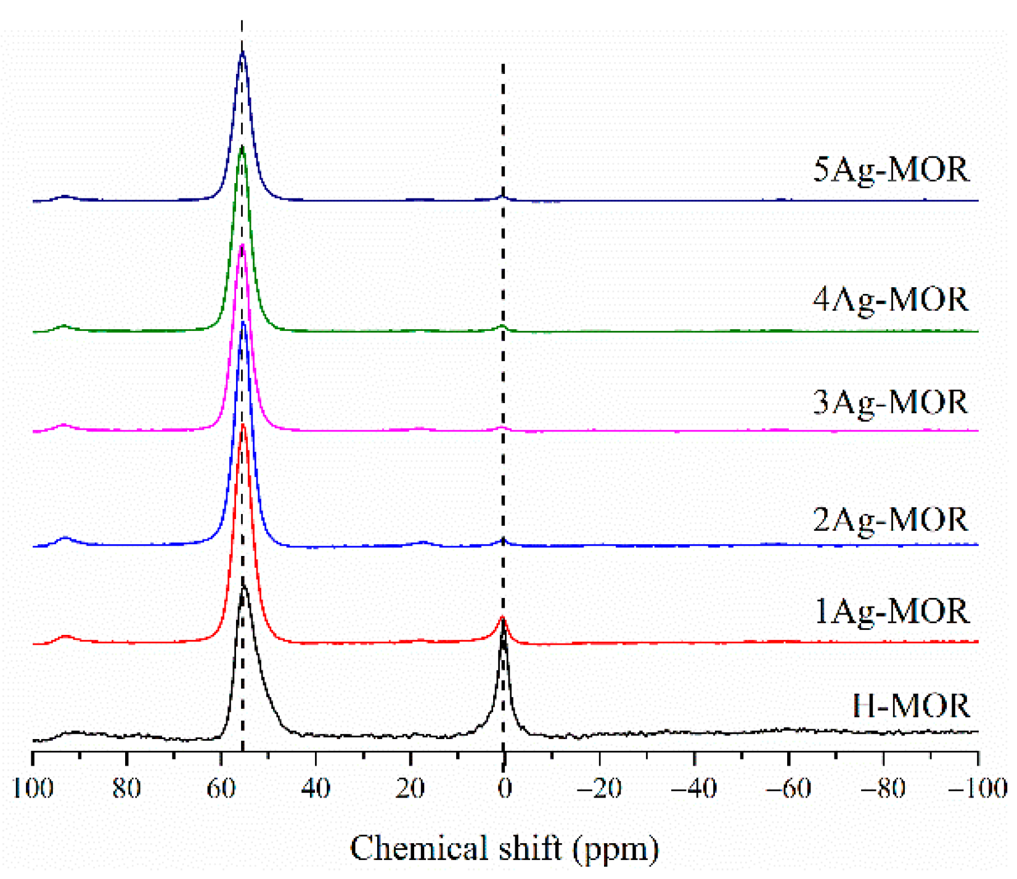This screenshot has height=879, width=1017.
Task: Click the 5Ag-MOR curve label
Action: (x=891, y=170)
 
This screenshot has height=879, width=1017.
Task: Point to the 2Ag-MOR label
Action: (x=891, y=520)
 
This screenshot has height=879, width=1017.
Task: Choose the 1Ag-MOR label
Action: (x=892, y=612)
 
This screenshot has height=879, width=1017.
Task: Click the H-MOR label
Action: (x=911, y=706)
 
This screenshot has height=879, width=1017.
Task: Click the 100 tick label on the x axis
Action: (x=32, y=788)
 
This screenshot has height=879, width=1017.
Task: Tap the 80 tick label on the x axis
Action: (x=127, y=788)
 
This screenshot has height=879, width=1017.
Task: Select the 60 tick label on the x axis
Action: (x=221, y=788)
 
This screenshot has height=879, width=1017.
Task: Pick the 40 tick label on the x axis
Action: (x=316, y=788)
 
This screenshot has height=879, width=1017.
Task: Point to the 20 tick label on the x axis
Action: (x=410, y=788)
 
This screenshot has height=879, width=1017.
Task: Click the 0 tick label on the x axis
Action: (x=505, y=788)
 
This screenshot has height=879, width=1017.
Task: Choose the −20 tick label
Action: (x=600, y=788)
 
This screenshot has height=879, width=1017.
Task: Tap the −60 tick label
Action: (x=788, y=788)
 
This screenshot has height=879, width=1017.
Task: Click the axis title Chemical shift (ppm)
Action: (x=505, y=848)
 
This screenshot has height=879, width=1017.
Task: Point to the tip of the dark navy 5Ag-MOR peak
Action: (x=242, y=54)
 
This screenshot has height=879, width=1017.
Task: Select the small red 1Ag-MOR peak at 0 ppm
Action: (x=502, y=618)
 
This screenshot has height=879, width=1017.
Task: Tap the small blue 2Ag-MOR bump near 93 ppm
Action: (x=65, y=539)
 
